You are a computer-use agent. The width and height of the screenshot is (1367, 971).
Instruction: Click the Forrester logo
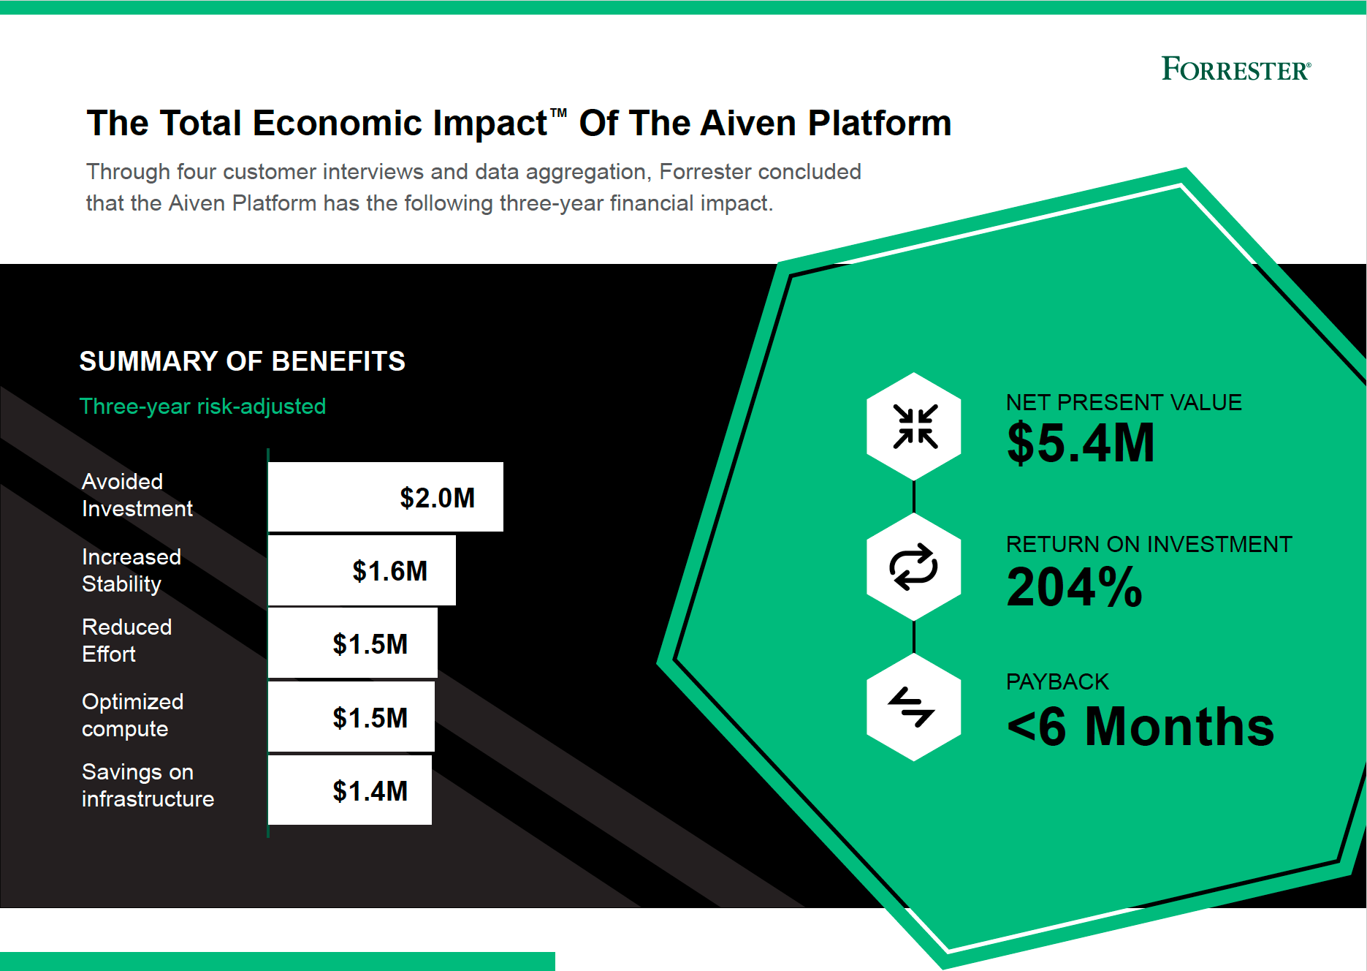(x=1236, y=69)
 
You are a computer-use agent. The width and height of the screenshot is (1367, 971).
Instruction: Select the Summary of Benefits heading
(x=243, y=361)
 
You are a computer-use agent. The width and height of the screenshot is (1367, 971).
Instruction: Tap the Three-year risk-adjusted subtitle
(x=202, y=407)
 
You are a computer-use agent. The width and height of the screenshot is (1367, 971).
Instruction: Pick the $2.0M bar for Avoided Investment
(x=386, y=497)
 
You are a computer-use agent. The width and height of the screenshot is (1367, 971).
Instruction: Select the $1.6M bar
(x=362, y=570)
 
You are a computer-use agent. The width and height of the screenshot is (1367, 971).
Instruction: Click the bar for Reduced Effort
(x=353, y=643)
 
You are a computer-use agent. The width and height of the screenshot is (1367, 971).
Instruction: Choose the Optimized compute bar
(x=351, y=717)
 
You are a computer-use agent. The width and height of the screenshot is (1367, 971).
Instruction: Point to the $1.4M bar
(x=350, y=790)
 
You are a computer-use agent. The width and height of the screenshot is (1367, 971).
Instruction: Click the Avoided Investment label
(x=137, y=495)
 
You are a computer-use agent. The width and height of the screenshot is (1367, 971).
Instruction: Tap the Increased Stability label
(x=132, y=570)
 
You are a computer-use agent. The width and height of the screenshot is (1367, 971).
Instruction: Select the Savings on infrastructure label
(x=148, y=785)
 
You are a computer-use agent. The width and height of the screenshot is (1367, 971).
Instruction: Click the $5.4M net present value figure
(x=1081, y=443)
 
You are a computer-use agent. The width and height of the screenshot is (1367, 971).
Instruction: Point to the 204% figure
(x=1074, y=586)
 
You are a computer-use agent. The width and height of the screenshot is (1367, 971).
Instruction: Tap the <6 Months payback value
(x=1141, y=726)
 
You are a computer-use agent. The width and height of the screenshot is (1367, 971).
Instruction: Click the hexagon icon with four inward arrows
(x=914, y=426)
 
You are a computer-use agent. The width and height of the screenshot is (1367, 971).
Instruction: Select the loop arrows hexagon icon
(x=914, y=567)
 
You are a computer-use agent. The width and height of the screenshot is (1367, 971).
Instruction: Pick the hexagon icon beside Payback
(x=914, y=707)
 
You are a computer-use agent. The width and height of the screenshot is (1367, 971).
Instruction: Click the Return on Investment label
(x=1149, y=544)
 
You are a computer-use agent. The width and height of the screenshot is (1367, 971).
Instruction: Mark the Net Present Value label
(x=1124, y=402)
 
